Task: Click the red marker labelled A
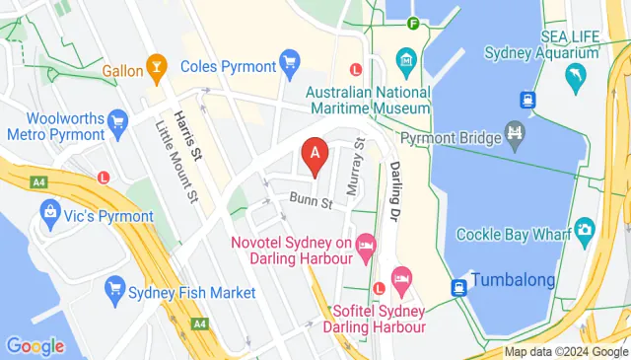(x=315, y=154)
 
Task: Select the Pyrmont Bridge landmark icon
(x=514, y=131)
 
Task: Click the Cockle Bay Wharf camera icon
(x=584, y=231)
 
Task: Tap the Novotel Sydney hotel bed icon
(x=366, y=244)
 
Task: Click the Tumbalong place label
(x=513, y=280)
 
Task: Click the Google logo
(x=35, y=346)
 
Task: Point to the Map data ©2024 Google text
(x=566, y=352)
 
